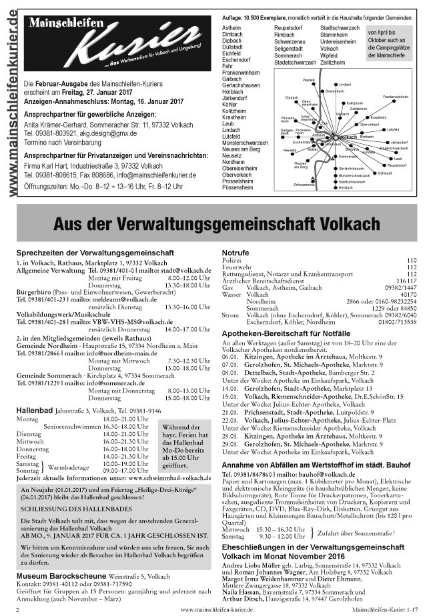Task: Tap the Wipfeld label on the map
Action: tap(308, 80)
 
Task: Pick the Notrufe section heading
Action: tap(234, 253)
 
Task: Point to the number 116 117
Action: tap(406, 280)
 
